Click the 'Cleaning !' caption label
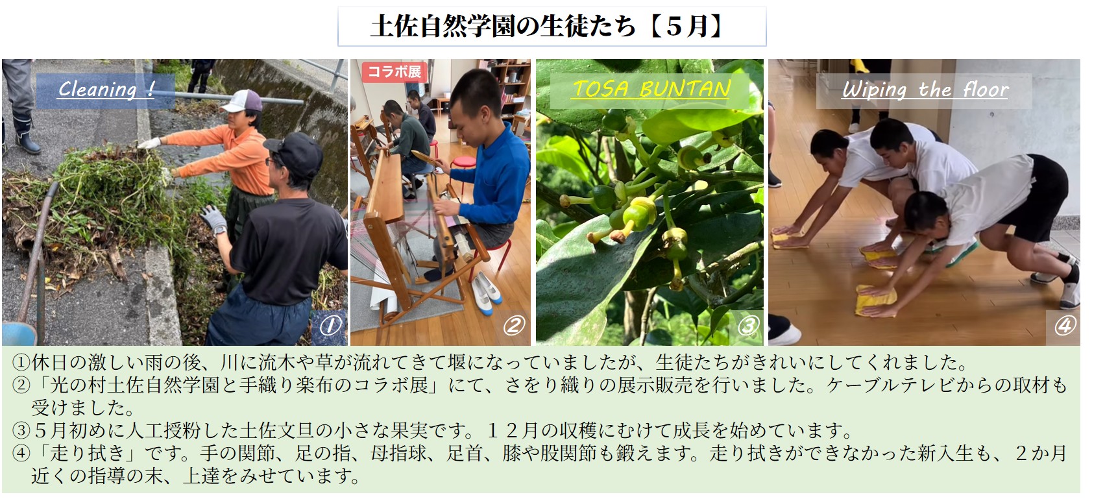coord(106,90)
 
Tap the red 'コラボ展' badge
coord(394,72)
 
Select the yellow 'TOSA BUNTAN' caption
coord(651,90)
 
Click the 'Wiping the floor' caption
coord(925,90)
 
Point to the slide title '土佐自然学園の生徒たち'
coord(503,26)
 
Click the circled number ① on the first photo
coord(330,326)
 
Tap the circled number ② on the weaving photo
coord(513,326)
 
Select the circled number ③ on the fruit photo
coord(747,326)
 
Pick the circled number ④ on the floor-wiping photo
coord(1065,326)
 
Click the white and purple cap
coord(242,101)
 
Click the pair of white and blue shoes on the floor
coord(487,295)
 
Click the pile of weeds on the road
coord(99,197)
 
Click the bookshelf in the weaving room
coord(506,89)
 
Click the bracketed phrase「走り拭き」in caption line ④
coord(87,453)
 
